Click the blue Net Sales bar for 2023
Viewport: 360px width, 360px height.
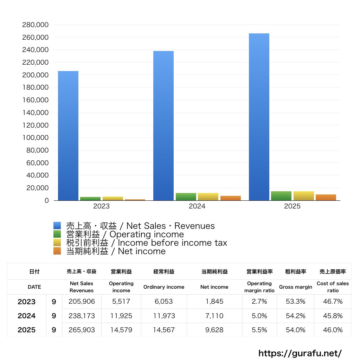68,136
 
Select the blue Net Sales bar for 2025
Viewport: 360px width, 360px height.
259,117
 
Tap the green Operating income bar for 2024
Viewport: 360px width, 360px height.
186,197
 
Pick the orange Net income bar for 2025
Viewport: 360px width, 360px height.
326,197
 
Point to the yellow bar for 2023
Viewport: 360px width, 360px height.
113,199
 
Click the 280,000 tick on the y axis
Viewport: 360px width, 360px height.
35,25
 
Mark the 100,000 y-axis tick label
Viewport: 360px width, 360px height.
35,138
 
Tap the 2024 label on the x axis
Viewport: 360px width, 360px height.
197,206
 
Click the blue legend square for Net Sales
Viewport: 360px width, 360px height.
57,226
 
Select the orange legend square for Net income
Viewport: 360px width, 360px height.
57,251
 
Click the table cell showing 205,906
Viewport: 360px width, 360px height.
82,302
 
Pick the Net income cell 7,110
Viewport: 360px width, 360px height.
214,316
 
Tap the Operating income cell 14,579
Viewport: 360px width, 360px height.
121,330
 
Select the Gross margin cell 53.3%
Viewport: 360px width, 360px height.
295,302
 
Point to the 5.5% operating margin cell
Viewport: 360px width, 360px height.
259,330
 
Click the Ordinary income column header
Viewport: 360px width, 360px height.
164,287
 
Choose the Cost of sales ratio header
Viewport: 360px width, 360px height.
333,287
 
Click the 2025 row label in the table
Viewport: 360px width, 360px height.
27,330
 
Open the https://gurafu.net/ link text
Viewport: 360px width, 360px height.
300,353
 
